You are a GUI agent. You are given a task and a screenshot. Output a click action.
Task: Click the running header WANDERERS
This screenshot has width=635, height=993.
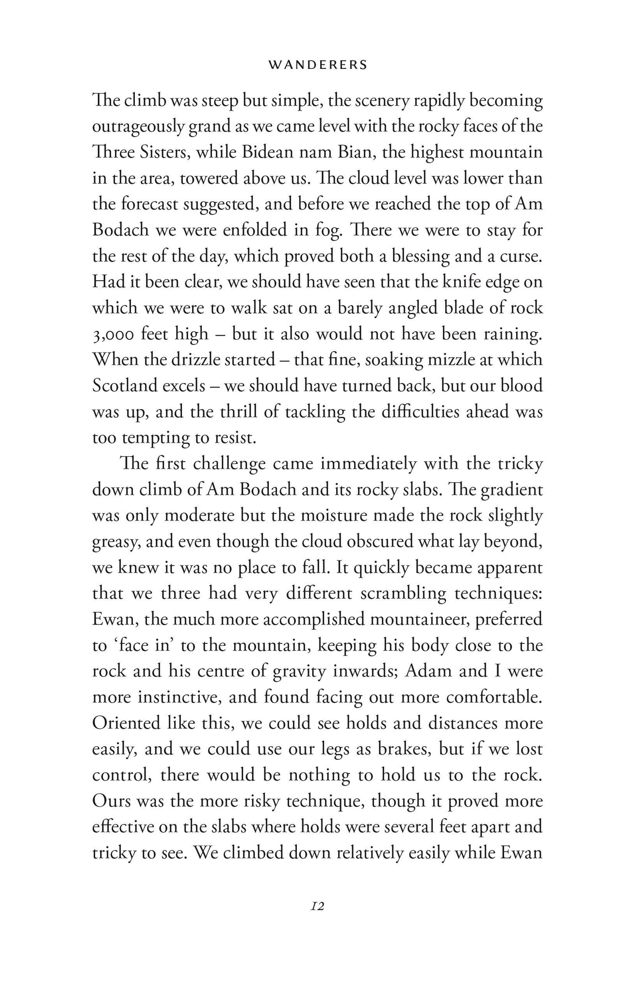[x=318, y=65]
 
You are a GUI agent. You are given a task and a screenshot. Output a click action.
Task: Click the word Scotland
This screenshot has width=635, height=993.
[x=125, y=385]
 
